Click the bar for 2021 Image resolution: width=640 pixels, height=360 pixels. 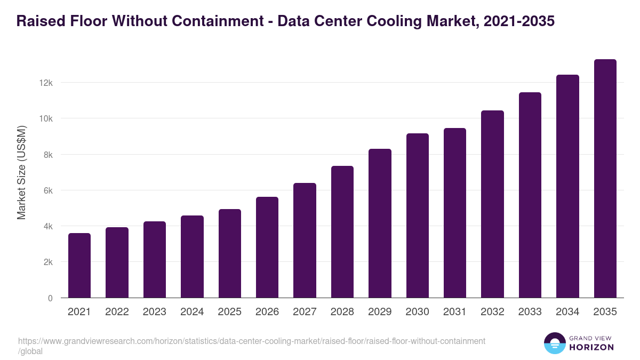pyautogui.click(x=79, y=266)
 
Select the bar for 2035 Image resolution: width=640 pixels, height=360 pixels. pyautogui.click(x=605, y=179)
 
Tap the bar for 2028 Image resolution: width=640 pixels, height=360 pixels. pyautogui.click(x=342, y=232)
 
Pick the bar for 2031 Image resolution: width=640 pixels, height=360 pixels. pyautogui.click(x=455, y=213)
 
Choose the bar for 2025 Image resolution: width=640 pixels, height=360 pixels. pyautogui.click(x=230, y=253)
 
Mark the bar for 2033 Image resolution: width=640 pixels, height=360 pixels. pyautogui.click(x=530, y=195)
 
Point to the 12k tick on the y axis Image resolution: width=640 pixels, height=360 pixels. pyautogui.click(x=45, y=83)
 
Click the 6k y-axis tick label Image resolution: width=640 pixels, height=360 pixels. pyautogui.click(x=47, y=190)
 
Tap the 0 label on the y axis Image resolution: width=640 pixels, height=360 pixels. pyautogui.click(x=50, y=298)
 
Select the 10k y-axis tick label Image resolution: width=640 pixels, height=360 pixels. pyautogui.click(x=45, y=118)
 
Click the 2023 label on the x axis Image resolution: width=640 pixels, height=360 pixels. pyautogui.click(x=155, y=312)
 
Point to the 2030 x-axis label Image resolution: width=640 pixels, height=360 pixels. pyautogui.click(x=418, y=312)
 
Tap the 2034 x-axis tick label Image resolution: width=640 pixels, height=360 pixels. pyautogui.click(x=567, y=312)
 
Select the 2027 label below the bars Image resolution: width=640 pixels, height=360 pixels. pyautogui.click(x=305, y=312)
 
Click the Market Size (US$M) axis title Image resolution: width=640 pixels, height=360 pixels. pyautogui.click(x=21, y=172)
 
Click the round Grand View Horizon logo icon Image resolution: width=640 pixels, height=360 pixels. pyautogui.click(x=554, y=343)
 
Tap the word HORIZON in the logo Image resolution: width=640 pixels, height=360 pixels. pyautogui.click(x=591, y=347)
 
